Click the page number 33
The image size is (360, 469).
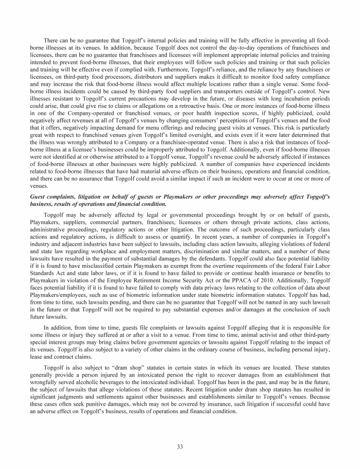point(180,446)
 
